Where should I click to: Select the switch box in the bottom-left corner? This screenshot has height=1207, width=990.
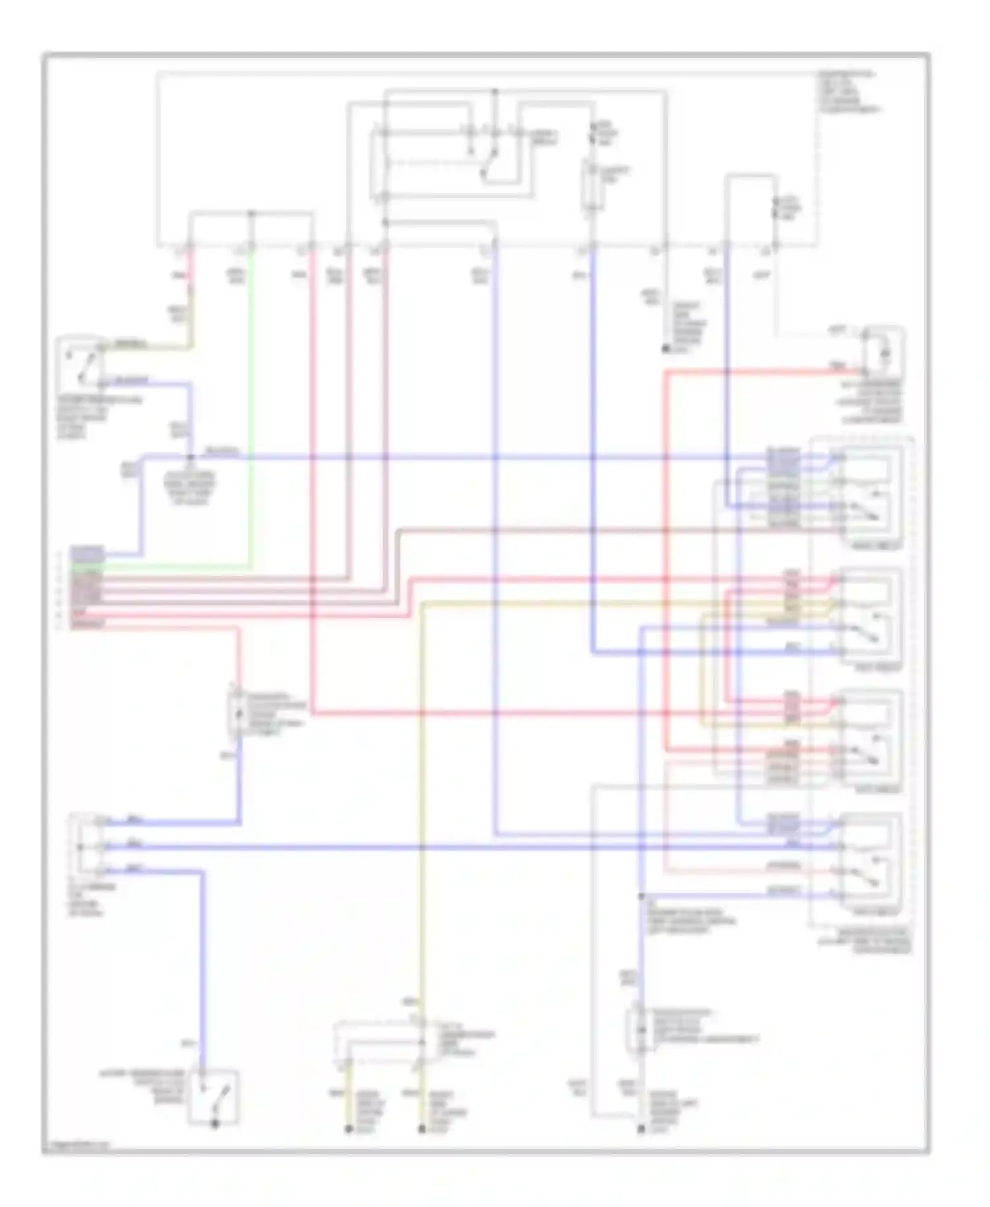[x=213, y=1097]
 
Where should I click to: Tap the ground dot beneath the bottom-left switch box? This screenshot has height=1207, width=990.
[x=214, y=1124]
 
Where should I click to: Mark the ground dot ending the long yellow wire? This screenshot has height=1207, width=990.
[x=422, y=1130]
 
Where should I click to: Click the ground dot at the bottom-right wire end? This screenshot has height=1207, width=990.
[x=641, y=1130]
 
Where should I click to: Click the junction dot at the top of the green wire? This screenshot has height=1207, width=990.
[x=251, y=213]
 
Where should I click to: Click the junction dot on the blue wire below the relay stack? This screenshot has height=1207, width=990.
[x=641, y=897]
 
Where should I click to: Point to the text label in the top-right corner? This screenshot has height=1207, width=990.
[x=848, y=91]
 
